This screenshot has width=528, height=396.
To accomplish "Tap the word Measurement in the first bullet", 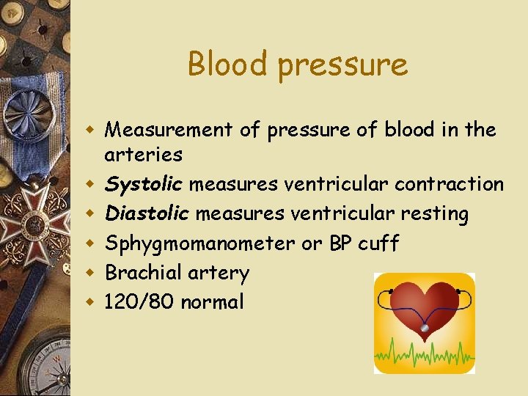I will [172, 130].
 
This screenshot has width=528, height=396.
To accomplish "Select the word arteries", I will [144, 155].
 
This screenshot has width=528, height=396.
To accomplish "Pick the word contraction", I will [449, 184].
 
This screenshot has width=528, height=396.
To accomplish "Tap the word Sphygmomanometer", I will [200, 243].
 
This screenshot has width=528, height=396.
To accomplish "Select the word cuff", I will [378, 243].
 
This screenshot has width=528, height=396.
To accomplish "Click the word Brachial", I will [138, 273].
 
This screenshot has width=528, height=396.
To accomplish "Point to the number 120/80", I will [140, 301].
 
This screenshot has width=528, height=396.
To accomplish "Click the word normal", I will [212, 301].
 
